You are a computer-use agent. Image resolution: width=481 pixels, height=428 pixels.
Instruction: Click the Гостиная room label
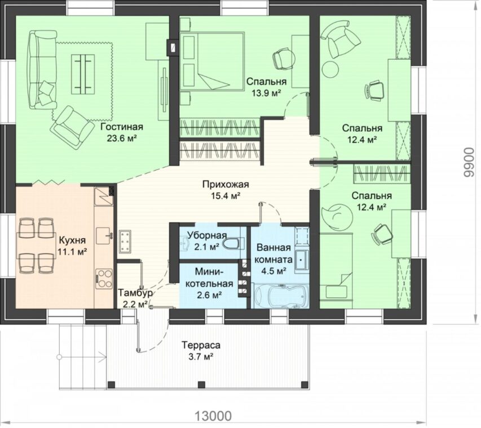(122, 127)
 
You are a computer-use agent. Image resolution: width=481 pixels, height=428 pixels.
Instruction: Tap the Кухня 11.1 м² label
(72, 246)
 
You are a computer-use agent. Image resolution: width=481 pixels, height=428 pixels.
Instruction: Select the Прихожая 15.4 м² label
(226, 190)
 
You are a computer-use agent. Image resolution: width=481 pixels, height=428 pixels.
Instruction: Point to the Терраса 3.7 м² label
(201, 350)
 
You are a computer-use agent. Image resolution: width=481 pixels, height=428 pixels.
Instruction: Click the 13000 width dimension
(213, 416)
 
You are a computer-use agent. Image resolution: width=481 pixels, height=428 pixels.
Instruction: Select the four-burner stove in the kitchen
(104, 279)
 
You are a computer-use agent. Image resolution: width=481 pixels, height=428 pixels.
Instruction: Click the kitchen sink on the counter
(104, 235)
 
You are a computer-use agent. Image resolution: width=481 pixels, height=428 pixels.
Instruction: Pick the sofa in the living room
(43, 70)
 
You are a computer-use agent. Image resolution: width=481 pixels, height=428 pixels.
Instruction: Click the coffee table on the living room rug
(83, 74)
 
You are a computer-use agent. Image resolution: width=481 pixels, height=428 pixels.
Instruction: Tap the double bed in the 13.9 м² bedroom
(212, 61)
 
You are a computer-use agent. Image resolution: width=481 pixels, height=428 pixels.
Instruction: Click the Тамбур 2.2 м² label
(135, 298)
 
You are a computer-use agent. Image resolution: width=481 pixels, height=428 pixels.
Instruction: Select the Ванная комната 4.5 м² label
(273, 259)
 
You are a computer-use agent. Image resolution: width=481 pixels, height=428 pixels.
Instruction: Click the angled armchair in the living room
(73, 127)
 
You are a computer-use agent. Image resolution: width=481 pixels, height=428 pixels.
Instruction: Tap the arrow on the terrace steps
(82, 357)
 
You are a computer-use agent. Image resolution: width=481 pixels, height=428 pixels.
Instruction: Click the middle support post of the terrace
(201, 384)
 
